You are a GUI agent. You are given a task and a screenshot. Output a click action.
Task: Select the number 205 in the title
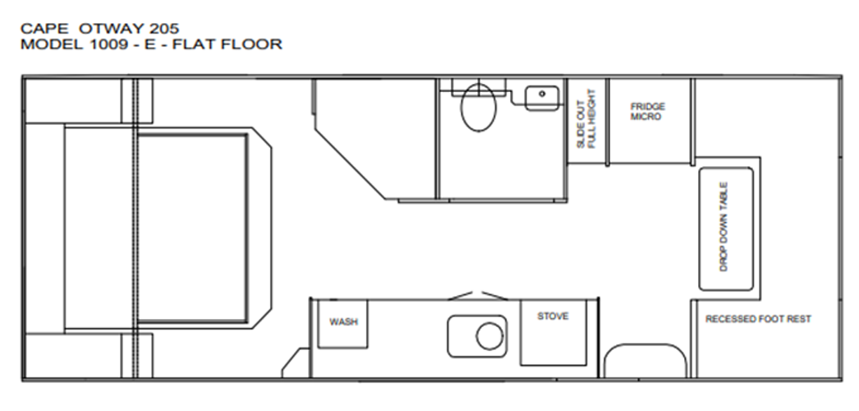point(163,29)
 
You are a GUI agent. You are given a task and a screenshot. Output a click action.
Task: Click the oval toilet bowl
point(478,108)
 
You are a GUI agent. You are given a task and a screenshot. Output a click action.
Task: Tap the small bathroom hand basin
point(542,98)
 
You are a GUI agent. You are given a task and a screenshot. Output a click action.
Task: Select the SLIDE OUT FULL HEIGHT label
point(586,119)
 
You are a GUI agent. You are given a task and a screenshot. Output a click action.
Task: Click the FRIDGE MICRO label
point(648,111)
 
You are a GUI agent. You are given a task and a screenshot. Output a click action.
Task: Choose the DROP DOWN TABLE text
point(723,227)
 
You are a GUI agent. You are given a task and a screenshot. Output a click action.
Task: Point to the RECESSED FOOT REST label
point(758,319)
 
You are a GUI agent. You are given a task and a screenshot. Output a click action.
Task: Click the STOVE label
point(553,316)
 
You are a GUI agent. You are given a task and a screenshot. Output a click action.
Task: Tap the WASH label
point(343,321)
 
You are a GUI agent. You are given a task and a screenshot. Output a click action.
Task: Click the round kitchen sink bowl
point(489,336)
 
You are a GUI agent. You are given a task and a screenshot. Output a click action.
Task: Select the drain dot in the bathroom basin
point(542,94)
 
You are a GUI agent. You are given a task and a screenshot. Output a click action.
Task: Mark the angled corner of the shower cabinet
point(351,164)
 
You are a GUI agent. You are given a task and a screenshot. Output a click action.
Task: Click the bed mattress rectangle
point(192,228)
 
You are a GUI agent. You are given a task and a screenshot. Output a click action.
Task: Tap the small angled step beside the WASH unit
point(296,363)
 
